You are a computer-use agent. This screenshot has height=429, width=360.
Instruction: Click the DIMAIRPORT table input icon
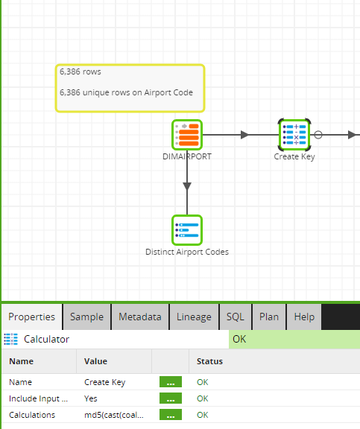click(x=187, y=135)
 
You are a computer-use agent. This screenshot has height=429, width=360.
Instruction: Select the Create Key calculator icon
click(x=294, y=135)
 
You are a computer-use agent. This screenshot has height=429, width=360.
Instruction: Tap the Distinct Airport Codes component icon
click(x=187, y=230)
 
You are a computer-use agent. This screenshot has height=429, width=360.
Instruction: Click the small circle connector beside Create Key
click(x=318, y=135)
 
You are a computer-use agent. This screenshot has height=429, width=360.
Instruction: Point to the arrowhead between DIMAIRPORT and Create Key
click(x=244, y=135)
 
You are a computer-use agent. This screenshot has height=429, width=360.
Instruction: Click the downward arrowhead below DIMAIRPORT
click(x=187, y=186)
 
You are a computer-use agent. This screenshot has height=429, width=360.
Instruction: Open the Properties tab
click(x=32, y=317)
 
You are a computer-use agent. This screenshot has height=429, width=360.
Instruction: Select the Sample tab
click(x=86, y=317)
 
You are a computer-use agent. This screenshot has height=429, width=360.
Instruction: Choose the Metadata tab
click(x=140, y=317)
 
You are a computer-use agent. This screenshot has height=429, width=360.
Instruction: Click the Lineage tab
click(x=194, y=317)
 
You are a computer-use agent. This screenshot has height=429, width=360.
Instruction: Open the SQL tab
click(x=236, y=317)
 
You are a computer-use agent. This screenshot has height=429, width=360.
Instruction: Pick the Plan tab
click(x=269, y=317)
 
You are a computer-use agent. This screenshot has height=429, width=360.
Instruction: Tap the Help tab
click(x=304, y=317)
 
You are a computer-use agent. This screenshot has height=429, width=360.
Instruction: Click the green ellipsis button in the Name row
click(x=171, y=382)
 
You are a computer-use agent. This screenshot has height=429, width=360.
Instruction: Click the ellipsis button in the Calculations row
click(x=171, y=415)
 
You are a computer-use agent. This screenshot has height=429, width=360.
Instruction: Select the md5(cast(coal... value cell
click(x=114, y=415)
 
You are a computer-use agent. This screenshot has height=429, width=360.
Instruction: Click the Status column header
click(x=209, y=361)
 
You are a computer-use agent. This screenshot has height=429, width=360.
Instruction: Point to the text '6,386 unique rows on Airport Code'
click(x=126, y=92)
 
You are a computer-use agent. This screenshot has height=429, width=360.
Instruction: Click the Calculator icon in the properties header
click(x=11, y=340)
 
